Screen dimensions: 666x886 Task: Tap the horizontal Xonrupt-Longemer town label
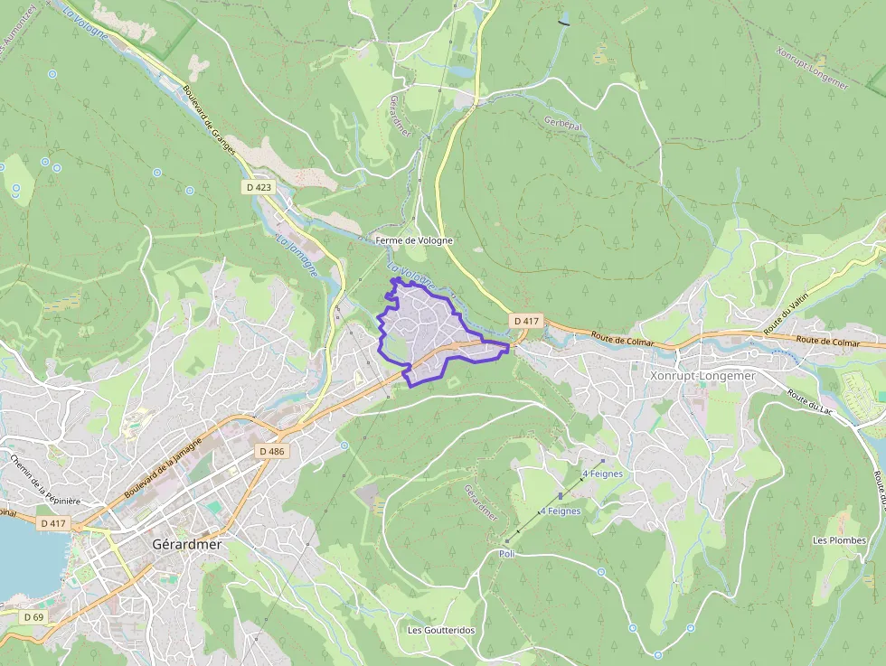pos(702,375)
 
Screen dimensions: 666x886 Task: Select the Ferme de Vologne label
pos(413,240)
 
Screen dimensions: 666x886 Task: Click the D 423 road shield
pos(258,187)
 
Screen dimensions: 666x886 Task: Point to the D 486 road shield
pos(271,451)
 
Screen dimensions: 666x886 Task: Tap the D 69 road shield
pos(33,616)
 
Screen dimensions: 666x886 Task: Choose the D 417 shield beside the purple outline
pos(526,321)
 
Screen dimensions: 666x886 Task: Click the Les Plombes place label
pos(839,540)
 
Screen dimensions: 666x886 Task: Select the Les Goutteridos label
pos(441,630)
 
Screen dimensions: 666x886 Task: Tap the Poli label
pos(506,553)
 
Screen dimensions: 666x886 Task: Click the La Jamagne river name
pos(297,255)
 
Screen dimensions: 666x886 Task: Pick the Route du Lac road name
pos(810,403)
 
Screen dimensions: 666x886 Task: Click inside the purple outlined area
pos(425,330)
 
